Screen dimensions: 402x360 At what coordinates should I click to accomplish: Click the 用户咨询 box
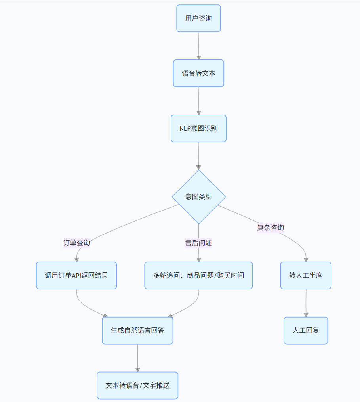click(x=198, y=18)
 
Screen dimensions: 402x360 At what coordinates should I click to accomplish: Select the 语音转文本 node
click(x=198, y=73)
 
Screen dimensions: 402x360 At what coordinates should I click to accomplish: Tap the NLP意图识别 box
click(x=198, y=128)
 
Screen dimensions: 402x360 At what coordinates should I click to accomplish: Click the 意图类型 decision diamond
click(x=198, y=197)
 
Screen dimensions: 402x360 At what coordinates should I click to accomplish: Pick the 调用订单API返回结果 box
click(x=76, y=275)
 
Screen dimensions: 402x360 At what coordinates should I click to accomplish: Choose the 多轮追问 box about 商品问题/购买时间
click(x=198, y=275)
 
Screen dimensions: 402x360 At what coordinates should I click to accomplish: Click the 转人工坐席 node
click(x=306, y=275)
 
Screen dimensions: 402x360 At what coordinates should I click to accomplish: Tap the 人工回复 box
click(x=306, y=330)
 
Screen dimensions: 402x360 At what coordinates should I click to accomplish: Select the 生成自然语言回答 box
click(x=137, y=330)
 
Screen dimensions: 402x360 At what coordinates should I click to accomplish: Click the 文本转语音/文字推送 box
click(x=137, y=385)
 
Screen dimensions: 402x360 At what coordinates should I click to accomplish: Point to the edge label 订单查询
click(x=77, y=243)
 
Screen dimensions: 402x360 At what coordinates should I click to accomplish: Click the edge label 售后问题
click(x=198, y=243)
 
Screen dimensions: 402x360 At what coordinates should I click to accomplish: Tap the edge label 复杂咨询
click(x=270, y=228)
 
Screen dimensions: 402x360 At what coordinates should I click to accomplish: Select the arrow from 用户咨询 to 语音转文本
click(x=198, y=46)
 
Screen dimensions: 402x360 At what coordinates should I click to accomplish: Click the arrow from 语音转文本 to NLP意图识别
click(x=198, y=101)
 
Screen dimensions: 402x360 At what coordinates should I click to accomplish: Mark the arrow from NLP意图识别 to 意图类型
click(x=198, y=155)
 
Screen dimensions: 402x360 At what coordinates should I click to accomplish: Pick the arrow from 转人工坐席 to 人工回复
click(x=306, y=303)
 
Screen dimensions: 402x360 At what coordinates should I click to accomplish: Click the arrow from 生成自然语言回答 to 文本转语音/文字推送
click(x=137, y=358)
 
